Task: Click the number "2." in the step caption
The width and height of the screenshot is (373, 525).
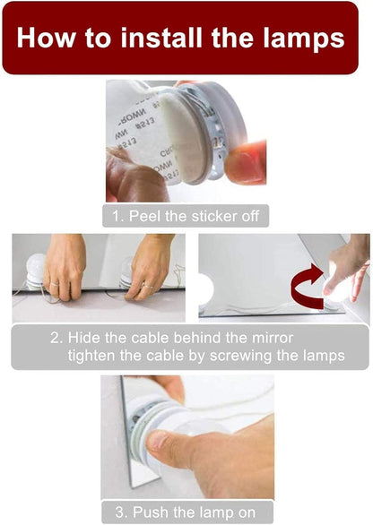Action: tap(56, 338)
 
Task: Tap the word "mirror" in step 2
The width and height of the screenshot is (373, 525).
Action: tap(273, 338)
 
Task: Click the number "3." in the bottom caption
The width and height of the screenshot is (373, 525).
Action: tap(122, 512)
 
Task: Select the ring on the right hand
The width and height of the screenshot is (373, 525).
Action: tap(146, 287)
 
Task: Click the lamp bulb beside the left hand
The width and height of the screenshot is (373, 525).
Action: tap(35, 271)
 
